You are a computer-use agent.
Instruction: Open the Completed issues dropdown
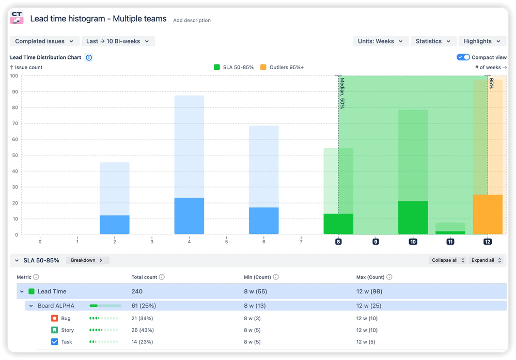click(x=45, y=41)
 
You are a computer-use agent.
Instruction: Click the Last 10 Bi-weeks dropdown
click(x=118, y=41)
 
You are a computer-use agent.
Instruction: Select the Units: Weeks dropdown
click(x=381, y=41)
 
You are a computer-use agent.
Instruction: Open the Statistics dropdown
click(x=433, y=41)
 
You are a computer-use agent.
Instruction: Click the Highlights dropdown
click(x=482, y=41)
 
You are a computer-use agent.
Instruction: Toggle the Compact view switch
click(x=463, y=57)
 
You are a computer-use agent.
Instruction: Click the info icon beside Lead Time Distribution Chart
click(x=89, y=58)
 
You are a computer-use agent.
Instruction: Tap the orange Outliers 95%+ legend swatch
click(x=263, y=67)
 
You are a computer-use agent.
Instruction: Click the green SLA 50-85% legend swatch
click(x=217, y=67)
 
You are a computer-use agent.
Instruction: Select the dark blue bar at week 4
click(x=189, y=216)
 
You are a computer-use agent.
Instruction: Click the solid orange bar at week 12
click(x=488, y=214)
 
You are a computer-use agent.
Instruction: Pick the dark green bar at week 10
click(x=413, y=217)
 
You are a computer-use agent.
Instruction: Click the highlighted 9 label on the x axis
click(x=376, y=241)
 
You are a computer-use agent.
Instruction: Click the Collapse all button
click(x=447, y=260)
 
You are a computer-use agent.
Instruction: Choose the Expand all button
click(x=486, y=260)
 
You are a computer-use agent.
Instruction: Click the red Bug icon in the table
click(x=55, y=318)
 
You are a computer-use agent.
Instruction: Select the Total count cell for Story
click(x=143, y=330)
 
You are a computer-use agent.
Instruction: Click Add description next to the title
click(x=192, y=21)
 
